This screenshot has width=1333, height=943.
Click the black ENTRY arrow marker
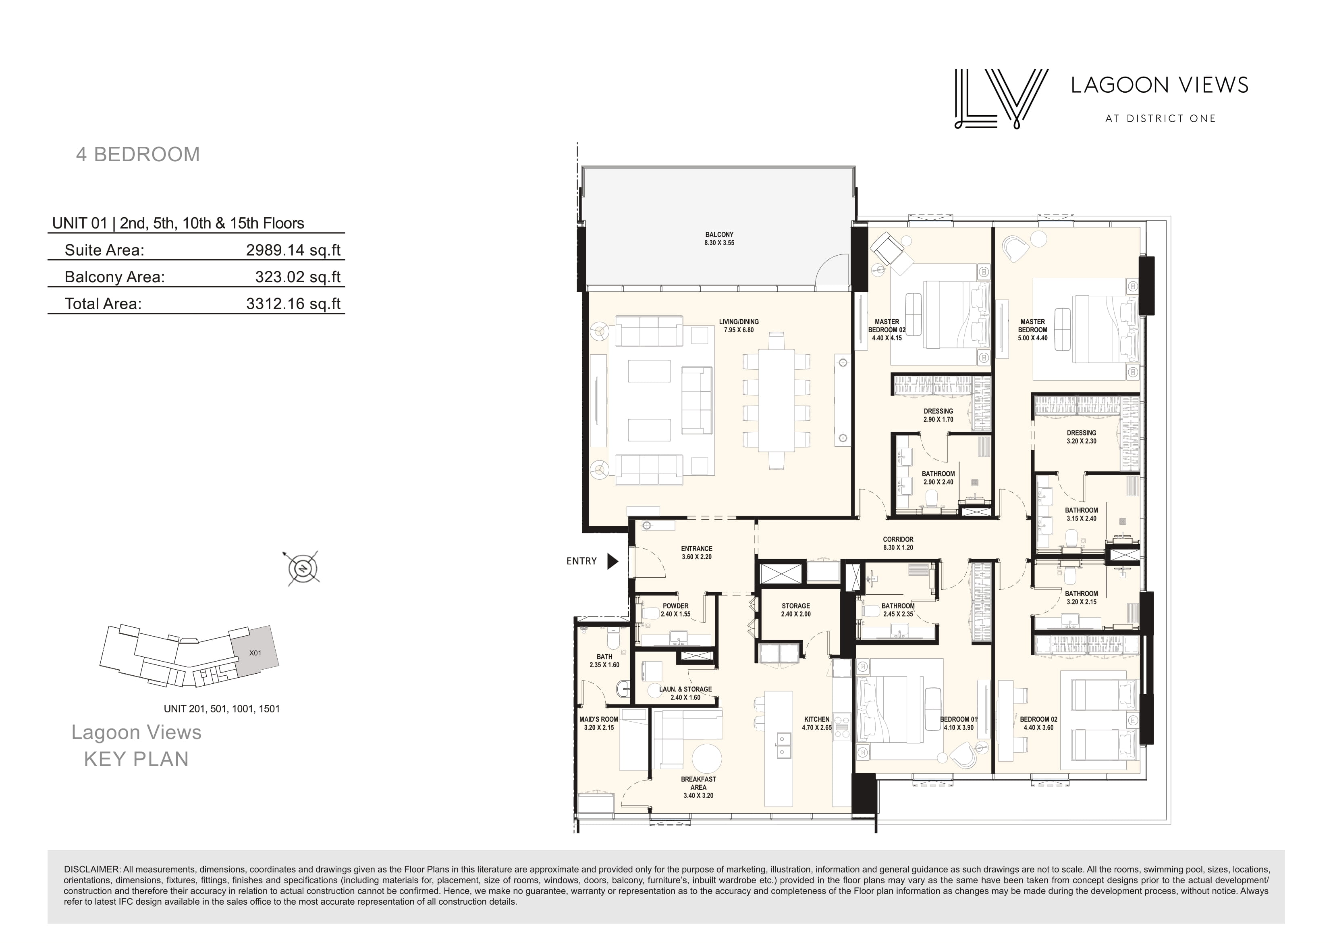point(613,561)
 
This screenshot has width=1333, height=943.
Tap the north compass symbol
point(303,568)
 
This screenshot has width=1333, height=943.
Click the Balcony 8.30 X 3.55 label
point(719,239)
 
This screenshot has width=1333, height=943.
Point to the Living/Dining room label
point(739,326)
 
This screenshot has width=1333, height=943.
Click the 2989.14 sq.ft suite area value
point(293,250)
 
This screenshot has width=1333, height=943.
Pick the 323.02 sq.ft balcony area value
point(298,277)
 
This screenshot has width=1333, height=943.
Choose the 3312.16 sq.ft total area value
point(293,304)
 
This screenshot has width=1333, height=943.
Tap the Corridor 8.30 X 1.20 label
point(898,543)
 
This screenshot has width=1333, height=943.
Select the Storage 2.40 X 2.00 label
point(795,610)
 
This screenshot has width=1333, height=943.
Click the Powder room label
point(676,610)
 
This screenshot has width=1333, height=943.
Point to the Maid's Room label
point(598,723)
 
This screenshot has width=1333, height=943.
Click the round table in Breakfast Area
point(706,759)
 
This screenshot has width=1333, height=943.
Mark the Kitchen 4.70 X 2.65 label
point(817,723)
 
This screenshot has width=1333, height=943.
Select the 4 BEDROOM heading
point(138,154)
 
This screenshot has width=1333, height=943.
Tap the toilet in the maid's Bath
point(611,640)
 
